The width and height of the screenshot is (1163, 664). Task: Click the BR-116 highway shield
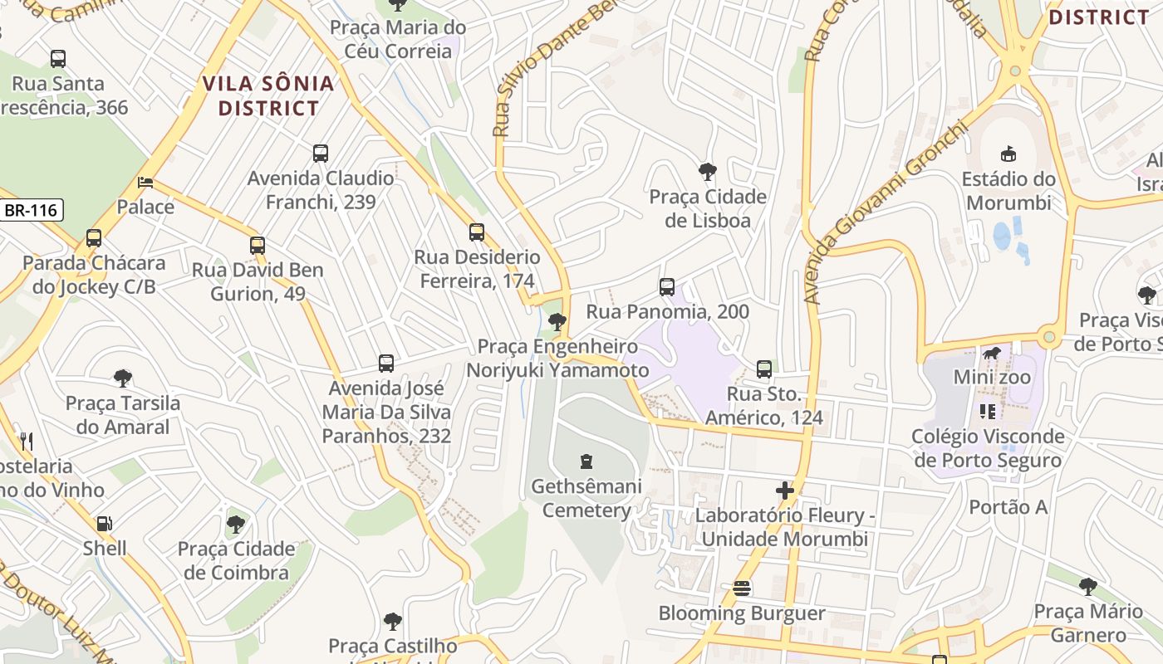coord(32,210)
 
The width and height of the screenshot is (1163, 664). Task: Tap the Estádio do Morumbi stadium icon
coord(1008,154)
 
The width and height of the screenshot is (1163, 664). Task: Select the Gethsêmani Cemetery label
coord(586,498)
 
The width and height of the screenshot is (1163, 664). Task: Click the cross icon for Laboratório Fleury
coord(784,491)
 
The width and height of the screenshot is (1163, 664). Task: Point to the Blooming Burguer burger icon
coord(742,588)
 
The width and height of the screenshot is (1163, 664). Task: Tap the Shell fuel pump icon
coord(105,524)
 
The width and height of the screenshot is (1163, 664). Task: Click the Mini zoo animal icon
coord(991,354)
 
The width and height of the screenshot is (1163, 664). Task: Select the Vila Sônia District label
coord(268,95)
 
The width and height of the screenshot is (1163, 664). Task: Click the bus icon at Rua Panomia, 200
coord(666,287)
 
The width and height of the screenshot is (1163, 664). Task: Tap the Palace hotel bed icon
coord(145,182)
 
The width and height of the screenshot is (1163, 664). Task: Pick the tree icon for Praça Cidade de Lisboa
coord(707,172)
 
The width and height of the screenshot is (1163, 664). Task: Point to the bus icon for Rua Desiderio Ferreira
coord(476,232)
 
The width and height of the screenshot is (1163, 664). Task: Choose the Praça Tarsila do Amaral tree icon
coord(123,378)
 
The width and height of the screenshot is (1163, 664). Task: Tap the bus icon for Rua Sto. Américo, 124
coord(764,369)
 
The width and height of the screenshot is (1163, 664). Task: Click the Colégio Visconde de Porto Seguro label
coord(987,448)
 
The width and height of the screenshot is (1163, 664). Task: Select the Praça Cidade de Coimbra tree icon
coord(237,524)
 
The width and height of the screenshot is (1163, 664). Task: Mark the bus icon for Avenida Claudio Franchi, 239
coord(321,154)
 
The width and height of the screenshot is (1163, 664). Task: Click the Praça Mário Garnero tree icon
coord(1087,587)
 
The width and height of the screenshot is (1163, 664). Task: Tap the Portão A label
coord(1008,507)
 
